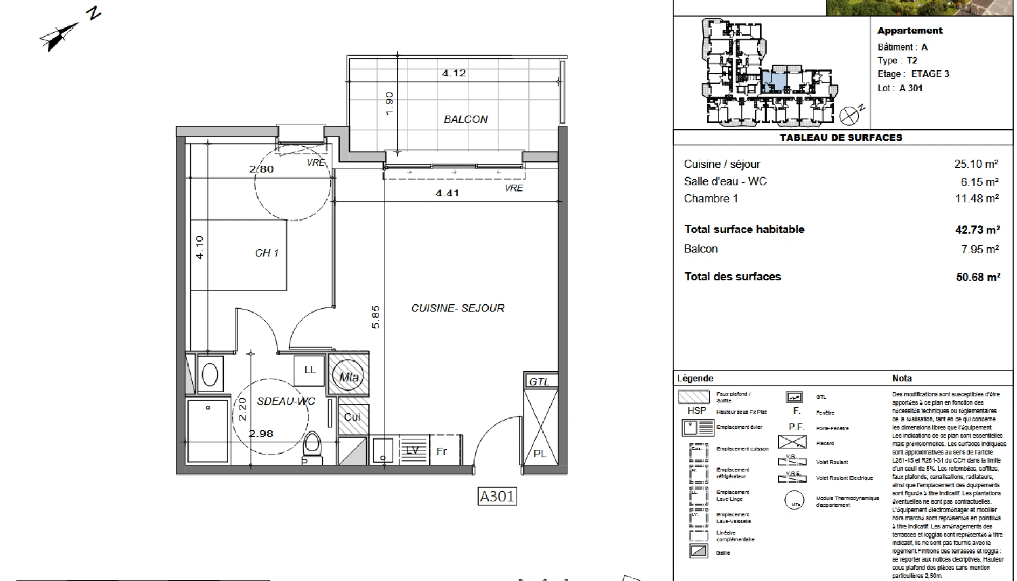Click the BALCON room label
[x=465, y=119]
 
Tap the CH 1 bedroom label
[x=267, y=252]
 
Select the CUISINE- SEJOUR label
[x=457, y=308]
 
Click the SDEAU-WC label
[x=285, y=401]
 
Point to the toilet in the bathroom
[x=311, y=445]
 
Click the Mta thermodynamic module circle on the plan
[x=349, y=377]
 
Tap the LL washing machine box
[x=310, y=370]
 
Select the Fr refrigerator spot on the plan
[x=442, y=451]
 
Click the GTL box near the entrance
[x=539, y=381]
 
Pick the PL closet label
[x=540, y=454]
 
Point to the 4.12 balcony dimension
[x=454, y=73]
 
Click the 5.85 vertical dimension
[x=375, y=317]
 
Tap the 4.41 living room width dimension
[x=447, y=193]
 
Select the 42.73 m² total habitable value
[x=977, y=230]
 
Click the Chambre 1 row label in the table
[x=710, y=199]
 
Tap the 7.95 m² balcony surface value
[x=980, y=249]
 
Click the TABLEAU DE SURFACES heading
[x=841, y=138]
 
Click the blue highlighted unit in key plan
[x=774, y=81]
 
